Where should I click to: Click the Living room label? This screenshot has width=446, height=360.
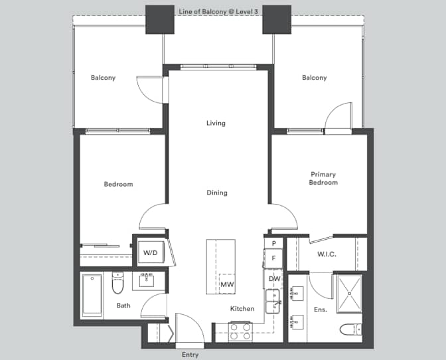pos(216,123)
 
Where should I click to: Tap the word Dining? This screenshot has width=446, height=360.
pos(216,193)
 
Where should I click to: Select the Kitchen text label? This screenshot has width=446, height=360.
pos(242,309)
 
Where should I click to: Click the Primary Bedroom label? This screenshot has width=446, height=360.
pos(323,179)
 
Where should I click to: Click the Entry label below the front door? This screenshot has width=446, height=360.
pos(190,355)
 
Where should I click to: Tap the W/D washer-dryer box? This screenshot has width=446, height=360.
pos(151,252)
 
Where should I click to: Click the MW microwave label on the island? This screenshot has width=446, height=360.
pos(227,284)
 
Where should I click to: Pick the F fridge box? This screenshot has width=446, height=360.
pos(274,258)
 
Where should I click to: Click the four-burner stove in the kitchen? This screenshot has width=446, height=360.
pos(239,331)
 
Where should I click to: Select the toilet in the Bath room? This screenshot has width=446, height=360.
pos(118,284)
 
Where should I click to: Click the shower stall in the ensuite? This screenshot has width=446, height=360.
pos(348,294)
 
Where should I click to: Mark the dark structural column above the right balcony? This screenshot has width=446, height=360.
pos(276,20)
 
